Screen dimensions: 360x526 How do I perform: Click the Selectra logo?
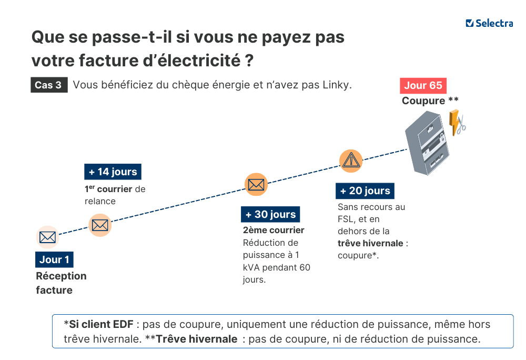[489, 23]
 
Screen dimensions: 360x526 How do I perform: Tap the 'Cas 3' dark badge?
[48, 85]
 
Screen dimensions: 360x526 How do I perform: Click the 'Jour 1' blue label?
[54, 259]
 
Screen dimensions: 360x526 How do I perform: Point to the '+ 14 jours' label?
[113, 172]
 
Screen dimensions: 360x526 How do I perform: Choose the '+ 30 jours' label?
[270, 214]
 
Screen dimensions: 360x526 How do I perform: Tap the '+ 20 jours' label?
[365, 191]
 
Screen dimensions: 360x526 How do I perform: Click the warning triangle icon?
[350, 161]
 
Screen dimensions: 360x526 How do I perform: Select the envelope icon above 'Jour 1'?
[47, 237]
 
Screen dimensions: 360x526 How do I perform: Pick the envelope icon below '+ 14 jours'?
[99, 225]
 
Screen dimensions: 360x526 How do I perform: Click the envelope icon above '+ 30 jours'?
[256, 184]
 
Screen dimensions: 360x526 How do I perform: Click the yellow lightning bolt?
[453, 123]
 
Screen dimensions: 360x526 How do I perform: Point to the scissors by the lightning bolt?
[461, 126]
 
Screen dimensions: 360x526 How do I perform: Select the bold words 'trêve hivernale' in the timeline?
[370, 243]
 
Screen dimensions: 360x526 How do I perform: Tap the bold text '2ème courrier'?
[274, 230]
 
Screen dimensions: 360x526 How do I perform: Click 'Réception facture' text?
[61, 283]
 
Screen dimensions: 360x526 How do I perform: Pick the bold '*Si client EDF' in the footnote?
[98, 324]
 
